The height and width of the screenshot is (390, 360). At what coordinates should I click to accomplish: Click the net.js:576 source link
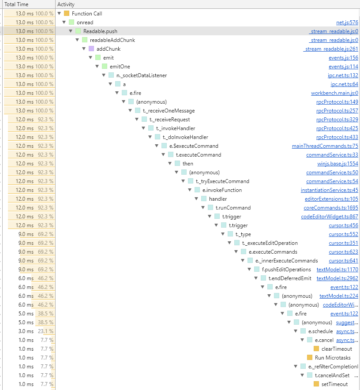[x=347, y=22]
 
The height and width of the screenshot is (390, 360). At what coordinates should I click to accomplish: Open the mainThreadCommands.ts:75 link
[x=325, y=146]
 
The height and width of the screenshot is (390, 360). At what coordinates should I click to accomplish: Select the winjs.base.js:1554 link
[x=337, y=164]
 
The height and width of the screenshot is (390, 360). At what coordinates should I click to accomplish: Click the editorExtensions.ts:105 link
[x=331, y=199]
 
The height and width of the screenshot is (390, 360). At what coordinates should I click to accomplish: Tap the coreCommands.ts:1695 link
[x=331, y=208]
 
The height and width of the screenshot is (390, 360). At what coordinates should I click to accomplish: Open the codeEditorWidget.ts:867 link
[x=330, y=217]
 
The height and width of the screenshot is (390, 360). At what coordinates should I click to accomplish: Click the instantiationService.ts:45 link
[x=330, y=190]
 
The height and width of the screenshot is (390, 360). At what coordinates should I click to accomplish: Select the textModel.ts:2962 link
[x=337, y=278]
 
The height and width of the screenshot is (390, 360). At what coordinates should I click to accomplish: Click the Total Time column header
[x=16, y=4]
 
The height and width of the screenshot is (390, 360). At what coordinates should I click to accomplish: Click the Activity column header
[x=66, y=4]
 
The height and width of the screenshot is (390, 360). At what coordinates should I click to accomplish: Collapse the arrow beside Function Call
[x=59, y=13]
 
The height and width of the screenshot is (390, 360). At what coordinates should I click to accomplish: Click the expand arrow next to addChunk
[x=84, y=49]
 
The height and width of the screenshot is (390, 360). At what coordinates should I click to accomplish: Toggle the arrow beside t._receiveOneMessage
[x=130, y=110]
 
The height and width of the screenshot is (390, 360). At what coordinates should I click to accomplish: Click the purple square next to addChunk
[x=91, y=49]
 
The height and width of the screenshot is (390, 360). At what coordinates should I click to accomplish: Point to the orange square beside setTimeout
[x=316, y=384]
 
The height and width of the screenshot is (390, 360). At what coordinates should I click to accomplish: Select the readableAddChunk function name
[x=112, y=40]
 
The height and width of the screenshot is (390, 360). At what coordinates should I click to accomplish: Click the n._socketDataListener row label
[x=142, y=75]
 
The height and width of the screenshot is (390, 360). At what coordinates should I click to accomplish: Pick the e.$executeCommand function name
[x=194, y=146]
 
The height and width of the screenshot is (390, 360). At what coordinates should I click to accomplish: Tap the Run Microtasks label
[x=333, y=358]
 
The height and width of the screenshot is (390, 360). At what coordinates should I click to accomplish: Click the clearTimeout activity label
[x=337, y=349]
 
